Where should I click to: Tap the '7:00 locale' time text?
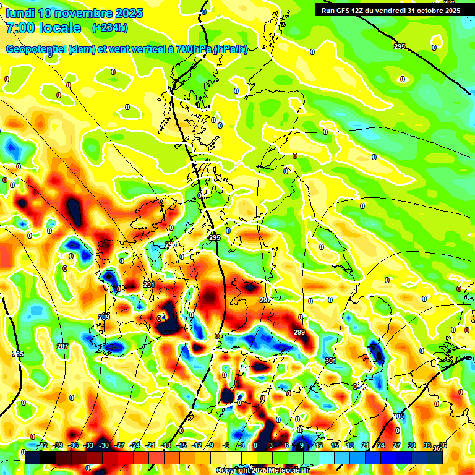coord(43,28)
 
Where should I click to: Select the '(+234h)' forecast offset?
coord(109,28)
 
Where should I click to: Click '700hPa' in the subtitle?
coord(191,49)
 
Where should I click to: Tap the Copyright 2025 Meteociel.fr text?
coord(262,470)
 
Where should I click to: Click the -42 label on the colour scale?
coord(43,445)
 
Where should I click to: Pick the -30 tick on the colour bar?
coord(105,445)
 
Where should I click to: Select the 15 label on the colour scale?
coord(335,445)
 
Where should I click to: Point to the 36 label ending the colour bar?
coord(443,445)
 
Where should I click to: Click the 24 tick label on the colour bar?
coord(381,445)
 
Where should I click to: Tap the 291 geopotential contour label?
coord(148,285)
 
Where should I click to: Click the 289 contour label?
coord(103,317)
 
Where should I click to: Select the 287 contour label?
coord(62,346)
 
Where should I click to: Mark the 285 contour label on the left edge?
coord(18,354)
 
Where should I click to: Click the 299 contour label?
coord(299,333)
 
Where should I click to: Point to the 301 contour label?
coord(330,360)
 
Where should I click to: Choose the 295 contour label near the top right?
coord(400,47)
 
